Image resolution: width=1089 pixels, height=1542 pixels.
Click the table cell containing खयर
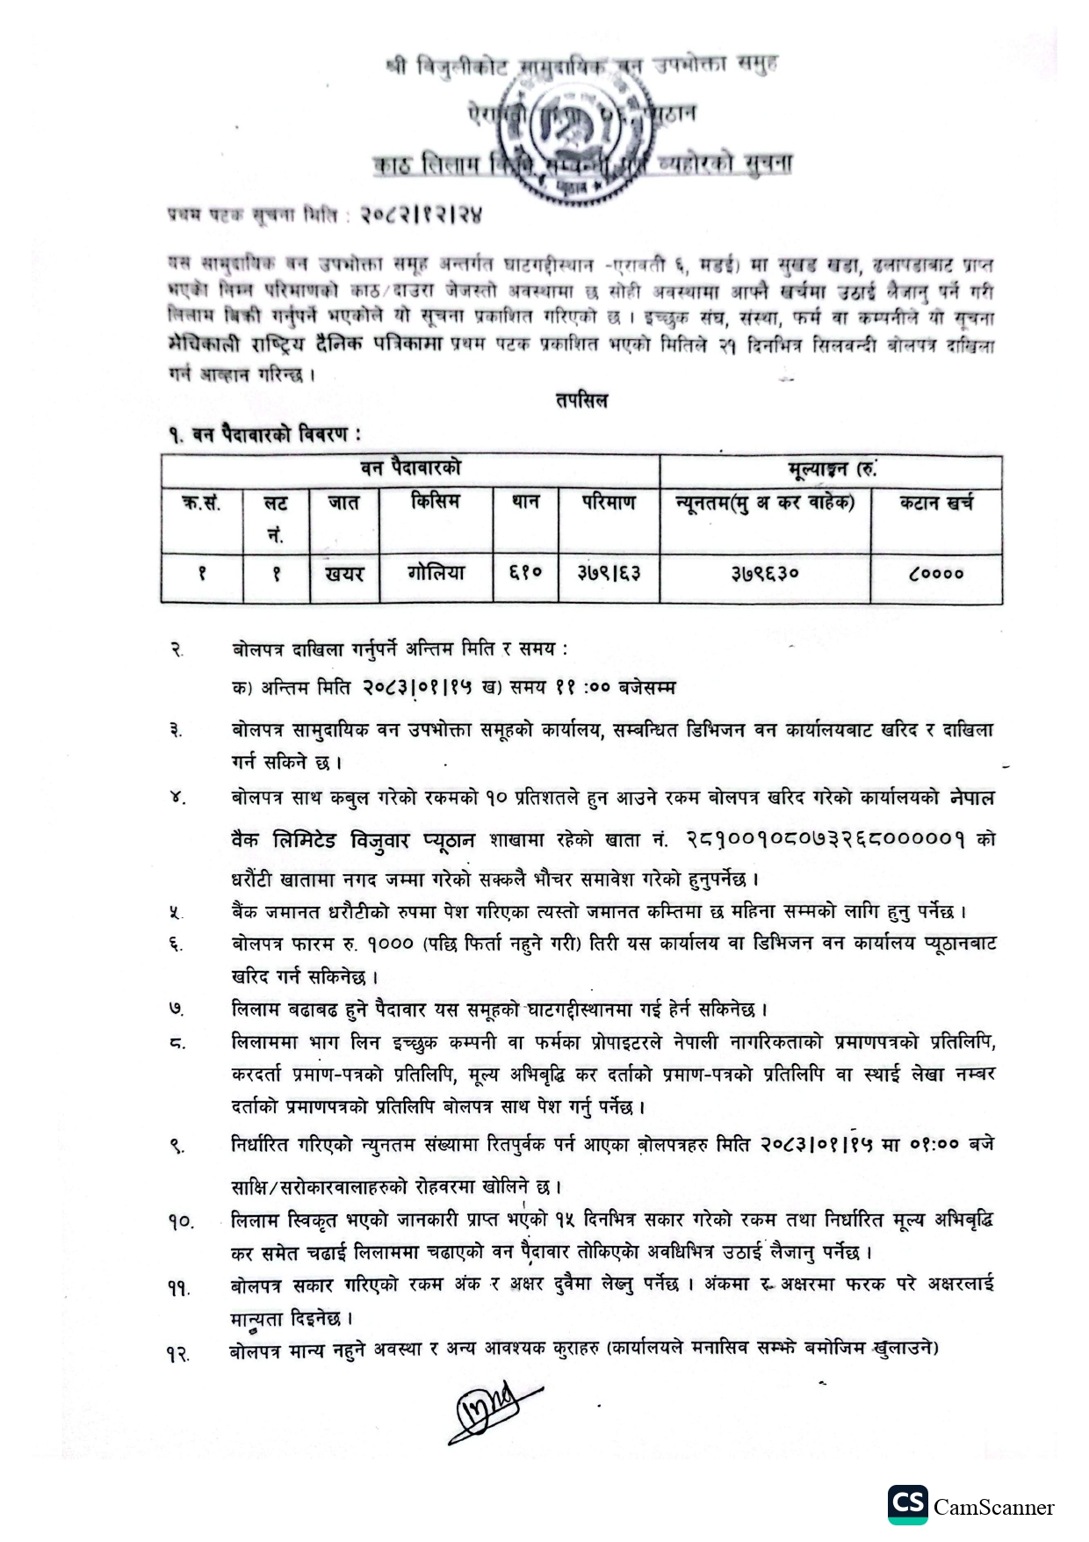[x=344, y=574]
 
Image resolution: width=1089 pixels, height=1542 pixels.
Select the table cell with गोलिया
[x=436, y=574]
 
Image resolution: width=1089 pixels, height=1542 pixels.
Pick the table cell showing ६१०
[x=525, y=574]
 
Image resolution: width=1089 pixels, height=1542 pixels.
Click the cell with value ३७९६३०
[x=764, y=574]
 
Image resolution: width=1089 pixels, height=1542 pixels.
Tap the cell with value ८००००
[x=936, y=574]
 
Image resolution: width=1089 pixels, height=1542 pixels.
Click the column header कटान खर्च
[x=936, y=503]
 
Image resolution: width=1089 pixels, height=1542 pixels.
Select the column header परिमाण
[x=609, y=503]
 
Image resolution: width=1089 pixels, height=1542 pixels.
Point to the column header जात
[x=344, y=503]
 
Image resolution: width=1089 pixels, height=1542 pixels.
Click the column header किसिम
[x=436, y=503]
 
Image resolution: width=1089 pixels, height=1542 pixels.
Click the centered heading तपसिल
[x=581, y=401]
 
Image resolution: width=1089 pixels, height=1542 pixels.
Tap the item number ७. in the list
[x=177, y=1010]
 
